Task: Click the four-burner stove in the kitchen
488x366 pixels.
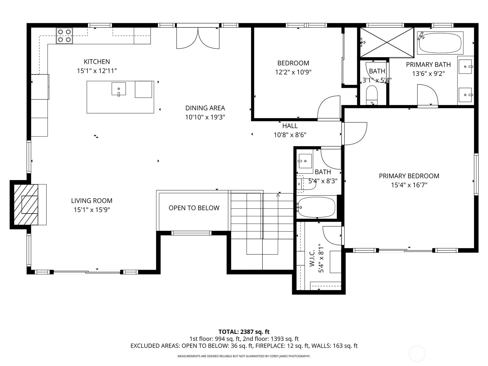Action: [x=64, y=35]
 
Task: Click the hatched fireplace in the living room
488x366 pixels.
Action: [x=26, y=204]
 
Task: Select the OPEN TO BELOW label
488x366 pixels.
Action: [x=194, y=208]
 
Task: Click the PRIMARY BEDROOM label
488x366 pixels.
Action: [x=409, y=176]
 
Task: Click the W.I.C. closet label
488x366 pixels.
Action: [x=312, y=259]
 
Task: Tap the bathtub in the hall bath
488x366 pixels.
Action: [x=316, y=207]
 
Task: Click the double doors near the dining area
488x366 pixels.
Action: [x=198, y=38]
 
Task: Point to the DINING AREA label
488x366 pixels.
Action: [x=205, y=108]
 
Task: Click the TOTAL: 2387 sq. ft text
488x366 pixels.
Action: [x=244, y=332]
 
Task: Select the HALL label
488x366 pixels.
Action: [x=290, y=126]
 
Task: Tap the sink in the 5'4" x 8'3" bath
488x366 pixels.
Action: [x=305, y=161]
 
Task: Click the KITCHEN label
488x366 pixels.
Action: [x=97, y=62]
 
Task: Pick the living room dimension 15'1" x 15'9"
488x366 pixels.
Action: [x=91, y=210]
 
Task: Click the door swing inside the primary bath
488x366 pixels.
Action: [x=428, y=95]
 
